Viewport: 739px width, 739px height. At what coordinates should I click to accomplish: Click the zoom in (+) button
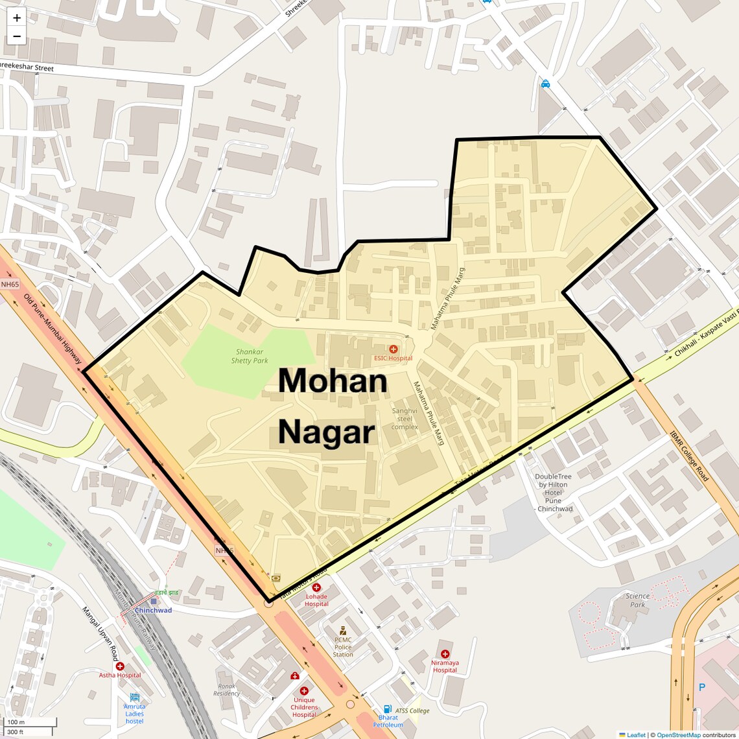pos(17,18)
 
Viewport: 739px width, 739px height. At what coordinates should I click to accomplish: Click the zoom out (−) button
pos(17,36)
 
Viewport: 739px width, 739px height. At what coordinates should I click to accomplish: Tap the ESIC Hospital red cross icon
pos(393,349)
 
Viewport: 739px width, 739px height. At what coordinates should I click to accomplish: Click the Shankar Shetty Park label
pos(250,357)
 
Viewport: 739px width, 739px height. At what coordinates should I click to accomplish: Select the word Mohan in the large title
pos(333,381)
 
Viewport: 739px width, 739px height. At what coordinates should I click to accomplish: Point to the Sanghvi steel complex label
pos(405,419)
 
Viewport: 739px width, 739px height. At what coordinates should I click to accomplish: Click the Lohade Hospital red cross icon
pos(316,588)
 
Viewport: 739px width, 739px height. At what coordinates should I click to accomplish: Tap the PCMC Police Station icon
pos(343,631)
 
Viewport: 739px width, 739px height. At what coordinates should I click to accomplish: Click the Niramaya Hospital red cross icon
pos(445,654)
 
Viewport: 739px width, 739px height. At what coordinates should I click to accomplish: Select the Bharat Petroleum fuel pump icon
pos(388,709)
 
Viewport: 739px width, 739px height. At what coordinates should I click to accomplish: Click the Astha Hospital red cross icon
pos(120,666)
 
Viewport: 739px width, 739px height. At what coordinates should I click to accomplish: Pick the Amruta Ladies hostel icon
pos(135,698)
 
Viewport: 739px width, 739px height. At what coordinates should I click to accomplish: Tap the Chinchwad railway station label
pos(153,610)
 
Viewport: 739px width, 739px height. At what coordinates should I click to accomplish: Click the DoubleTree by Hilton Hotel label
pos(554,493)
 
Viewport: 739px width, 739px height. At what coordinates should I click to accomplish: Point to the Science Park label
pos(637,600)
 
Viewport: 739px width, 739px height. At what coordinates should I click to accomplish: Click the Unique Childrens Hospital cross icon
pos(304,691)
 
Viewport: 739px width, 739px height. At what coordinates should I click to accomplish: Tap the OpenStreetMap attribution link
pos(678,735)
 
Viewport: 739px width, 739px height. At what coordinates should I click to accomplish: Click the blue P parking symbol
pos(701,687)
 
